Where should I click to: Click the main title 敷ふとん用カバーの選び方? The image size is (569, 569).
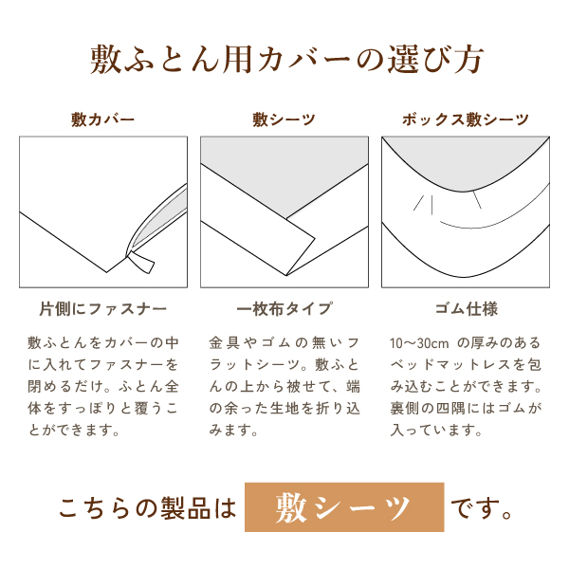pyautogui.click(x=284, y=60)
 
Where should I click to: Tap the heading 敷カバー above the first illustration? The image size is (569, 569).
pyautogui.click(x=102, y=119)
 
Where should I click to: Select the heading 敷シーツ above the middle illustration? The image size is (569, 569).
pyautogui.click(x=284, y=119)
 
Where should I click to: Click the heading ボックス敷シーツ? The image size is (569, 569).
pyautogui.click(x=465, y=119)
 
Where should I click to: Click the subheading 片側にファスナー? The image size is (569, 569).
pyautogui.click(x=102, y=309)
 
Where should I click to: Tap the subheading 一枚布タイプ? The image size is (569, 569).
pyautogui.click(x=284, y=309)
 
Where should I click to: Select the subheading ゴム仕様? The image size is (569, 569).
pyautogui.click(x=465, y=309)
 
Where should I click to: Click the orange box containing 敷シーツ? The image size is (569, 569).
pyautogui.click(x=344, y=507)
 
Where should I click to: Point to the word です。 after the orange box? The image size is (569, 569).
pyautogui.click(x=483, y=508)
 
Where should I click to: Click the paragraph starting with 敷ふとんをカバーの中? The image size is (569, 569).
pyautogui.click(x=102, y=385)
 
